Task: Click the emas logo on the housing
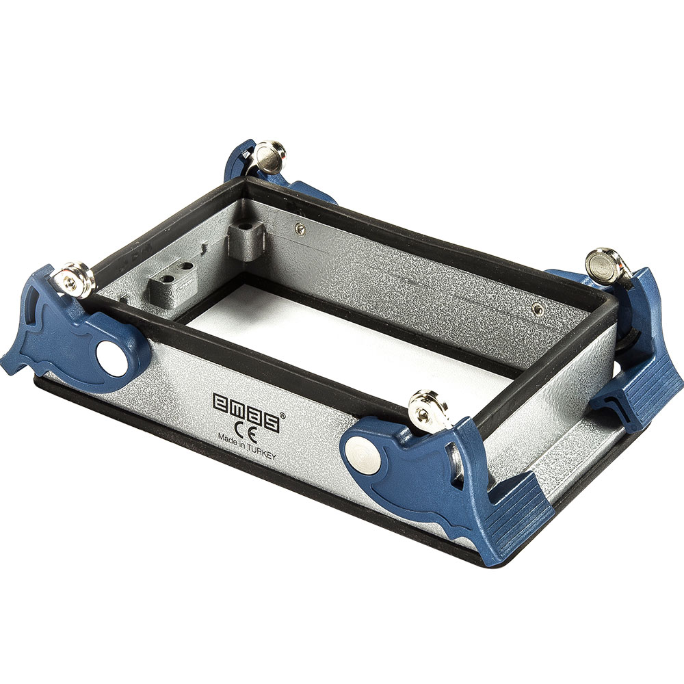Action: coord(246,411)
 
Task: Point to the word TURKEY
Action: coord(262,451)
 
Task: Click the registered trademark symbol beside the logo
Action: coord(282,416)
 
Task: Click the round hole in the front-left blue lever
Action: coord(111,358)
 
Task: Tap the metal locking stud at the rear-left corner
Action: coord(269,157)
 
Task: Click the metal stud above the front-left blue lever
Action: coord(74,280)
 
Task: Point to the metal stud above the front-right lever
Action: coord(428,410)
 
